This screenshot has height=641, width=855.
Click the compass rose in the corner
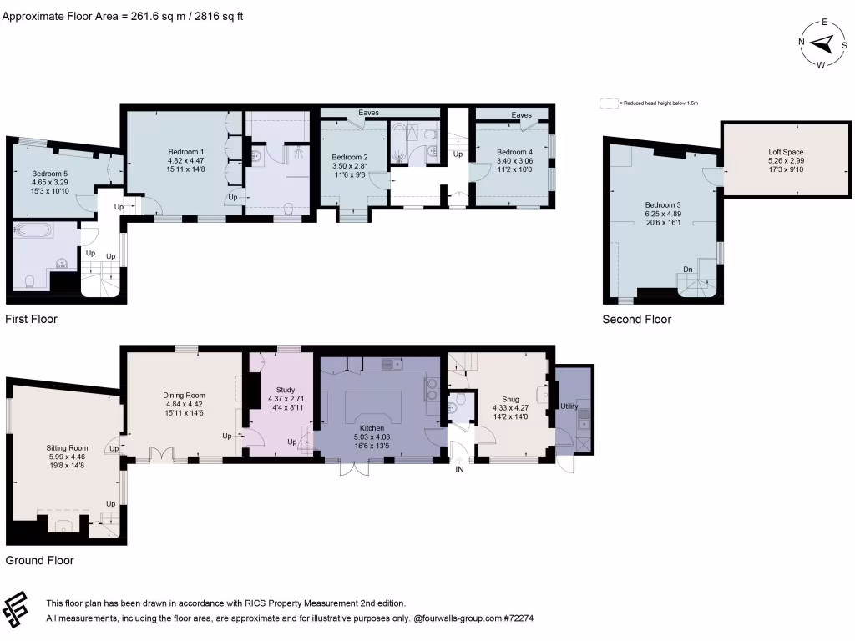tap(822, 43)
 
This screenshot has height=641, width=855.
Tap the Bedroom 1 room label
tap(186, 151)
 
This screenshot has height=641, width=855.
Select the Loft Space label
tap(786, 152)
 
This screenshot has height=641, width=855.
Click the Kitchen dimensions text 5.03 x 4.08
tap(372, 436)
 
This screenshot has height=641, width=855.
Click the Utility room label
tap(569, 406)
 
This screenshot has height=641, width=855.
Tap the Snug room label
tap(511, 399)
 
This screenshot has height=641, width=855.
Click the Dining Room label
tap(184, 396)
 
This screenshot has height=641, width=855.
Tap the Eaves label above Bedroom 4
tap(522, 115)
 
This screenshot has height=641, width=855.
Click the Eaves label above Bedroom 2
tap(370, 112)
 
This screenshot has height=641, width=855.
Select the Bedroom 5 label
tap(50, 173)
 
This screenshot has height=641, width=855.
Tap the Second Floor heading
tap(636, 319)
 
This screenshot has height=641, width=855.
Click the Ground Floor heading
tap(39, 561)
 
